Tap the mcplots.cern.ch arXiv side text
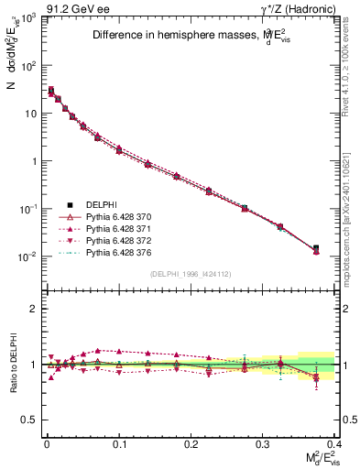(x=350, y=207)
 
